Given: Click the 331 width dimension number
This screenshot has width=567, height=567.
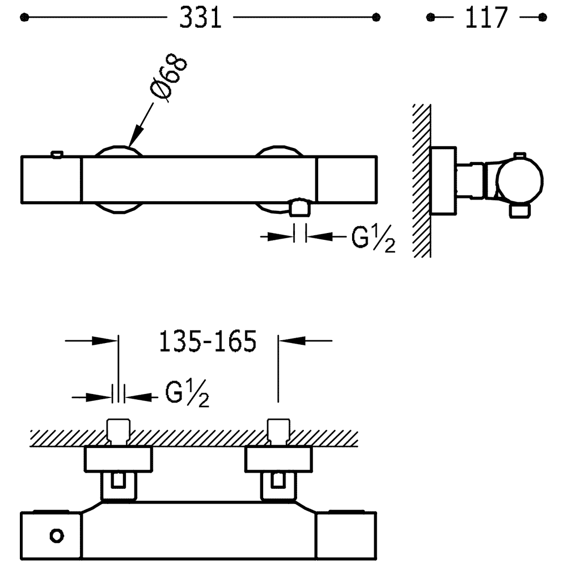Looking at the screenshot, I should (x=200, y=19).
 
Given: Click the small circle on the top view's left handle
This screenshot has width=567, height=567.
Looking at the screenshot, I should (x=57, y=535).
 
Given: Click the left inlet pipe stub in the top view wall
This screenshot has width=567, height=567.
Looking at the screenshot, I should (x=119, y=431).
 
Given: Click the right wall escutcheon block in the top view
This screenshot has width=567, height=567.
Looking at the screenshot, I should (x=278, y=460).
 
